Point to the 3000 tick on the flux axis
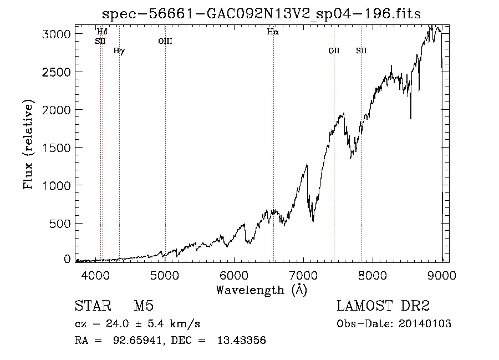coord(57,34)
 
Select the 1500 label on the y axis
coord(57,148)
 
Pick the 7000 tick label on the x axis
coord(303,275)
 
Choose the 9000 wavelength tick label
coord(441,275)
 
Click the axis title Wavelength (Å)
coord(261,290)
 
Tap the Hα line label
coord(273,32)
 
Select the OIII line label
coord(165,41)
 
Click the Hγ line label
coord(119,51)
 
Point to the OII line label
coord(334,50)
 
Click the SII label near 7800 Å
coord(361,50)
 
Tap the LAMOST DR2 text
coord(383,306)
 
